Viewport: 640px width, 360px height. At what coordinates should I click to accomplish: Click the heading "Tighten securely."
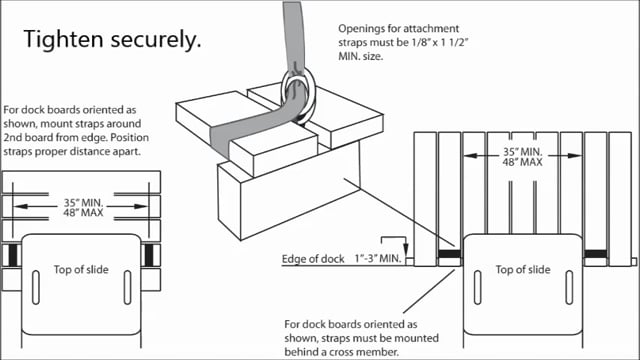pos(112,40)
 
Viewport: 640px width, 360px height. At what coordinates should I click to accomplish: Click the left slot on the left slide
pos(36,287)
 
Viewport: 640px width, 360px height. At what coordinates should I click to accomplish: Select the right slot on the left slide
pos(127,287)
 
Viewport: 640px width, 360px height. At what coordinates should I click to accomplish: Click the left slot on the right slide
pos(478,287)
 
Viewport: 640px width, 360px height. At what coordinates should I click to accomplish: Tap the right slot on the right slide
pos(569,287)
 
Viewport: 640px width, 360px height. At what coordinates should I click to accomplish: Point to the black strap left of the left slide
pos(13,255)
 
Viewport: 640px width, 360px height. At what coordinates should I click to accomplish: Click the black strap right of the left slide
pos(149,255)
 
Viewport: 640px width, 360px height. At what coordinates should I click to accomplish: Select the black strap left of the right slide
pos(449,254)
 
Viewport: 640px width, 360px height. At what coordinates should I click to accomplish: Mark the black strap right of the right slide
pos(596,254)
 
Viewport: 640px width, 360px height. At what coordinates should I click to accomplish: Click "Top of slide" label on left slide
pos(81,269)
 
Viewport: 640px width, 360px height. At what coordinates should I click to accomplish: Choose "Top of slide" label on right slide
pos(523,269)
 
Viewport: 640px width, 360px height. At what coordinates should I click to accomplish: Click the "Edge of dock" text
pos(313,259)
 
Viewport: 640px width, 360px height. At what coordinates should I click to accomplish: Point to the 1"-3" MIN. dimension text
pos(378,259)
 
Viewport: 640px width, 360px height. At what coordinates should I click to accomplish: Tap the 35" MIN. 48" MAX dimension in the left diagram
pos(83,207)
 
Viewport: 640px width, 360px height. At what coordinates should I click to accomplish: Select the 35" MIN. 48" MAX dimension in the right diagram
pos(522,157)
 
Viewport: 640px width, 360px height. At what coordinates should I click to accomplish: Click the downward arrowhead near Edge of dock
pos(406,249)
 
